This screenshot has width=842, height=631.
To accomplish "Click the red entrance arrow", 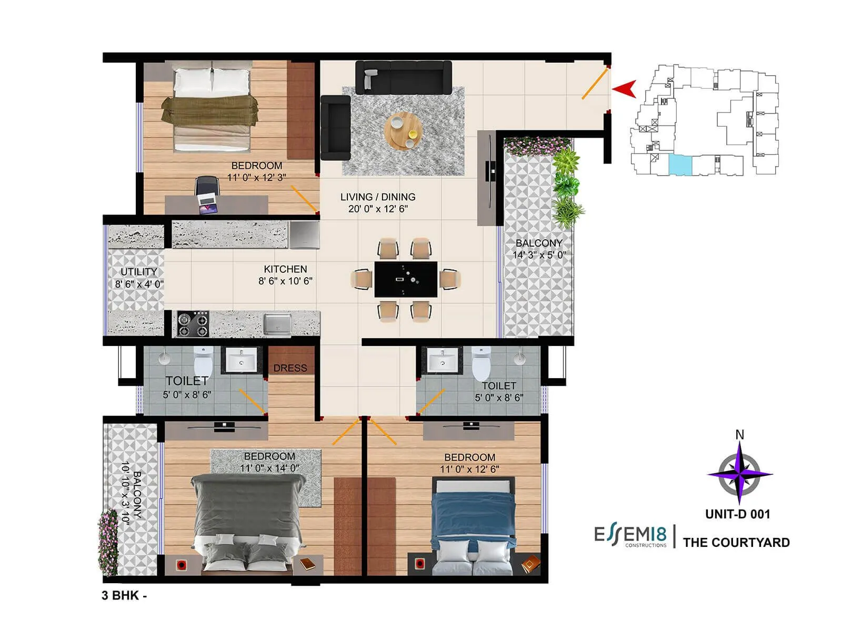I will (x=626, y=89).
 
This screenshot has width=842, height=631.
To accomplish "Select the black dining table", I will (x=406, y=279).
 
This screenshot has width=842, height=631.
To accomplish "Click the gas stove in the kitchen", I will (x=192, y=324).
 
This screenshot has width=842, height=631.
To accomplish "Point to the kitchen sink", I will (x=277, y=323).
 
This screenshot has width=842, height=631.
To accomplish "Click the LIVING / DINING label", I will (x=378, y=197).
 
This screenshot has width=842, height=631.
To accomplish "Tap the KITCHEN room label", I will (x=285, y=269).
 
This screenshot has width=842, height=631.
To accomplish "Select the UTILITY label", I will (x=139, y=272).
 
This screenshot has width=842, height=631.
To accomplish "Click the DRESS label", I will (x=290, y=368).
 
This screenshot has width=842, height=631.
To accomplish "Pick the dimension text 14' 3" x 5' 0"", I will (x=539, y=255).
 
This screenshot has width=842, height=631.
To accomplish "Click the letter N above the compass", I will (x=739, y=435).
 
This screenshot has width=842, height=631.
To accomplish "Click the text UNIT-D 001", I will (x=737, y=514).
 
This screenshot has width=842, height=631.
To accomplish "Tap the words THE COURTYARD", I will (x=736, y=543).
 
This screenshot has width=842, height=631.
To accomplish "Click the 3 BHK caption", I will (x=124, y=595).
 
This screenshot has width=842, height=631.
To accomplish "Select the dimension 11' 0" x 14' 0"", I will (x=269, y=468).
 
